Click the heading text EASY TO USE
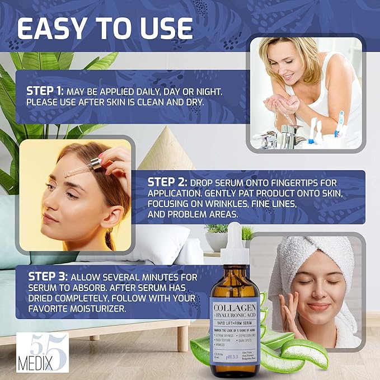(105, 27)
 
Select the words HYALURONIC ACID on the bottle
(236, 317)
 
